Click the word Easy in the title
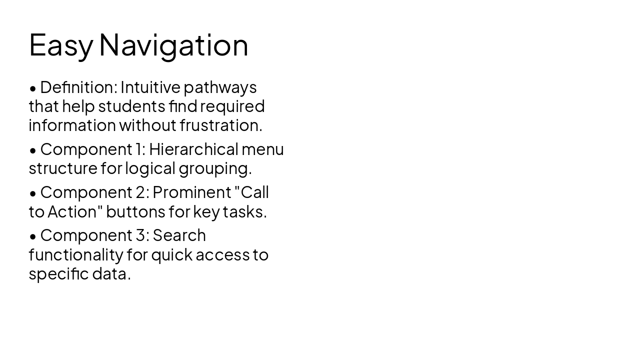coord(60,45)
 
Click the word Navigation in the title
coord(173,45)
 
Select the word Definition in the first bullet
coord(78,87)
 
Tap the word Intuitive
coord(150,87)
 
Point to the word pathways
coord(220,88)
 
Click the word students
coord(131,106)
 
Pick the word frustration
coord(220,125)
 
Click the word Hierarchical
coord(193,149)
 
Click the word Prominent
coord(192,192)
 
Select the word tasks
coord(244,211)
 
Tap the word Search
coord(179,235)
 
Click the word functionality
coord(75,255)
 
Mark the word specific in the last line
coord(58,274)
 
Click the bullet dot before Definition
coord(33,88)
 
